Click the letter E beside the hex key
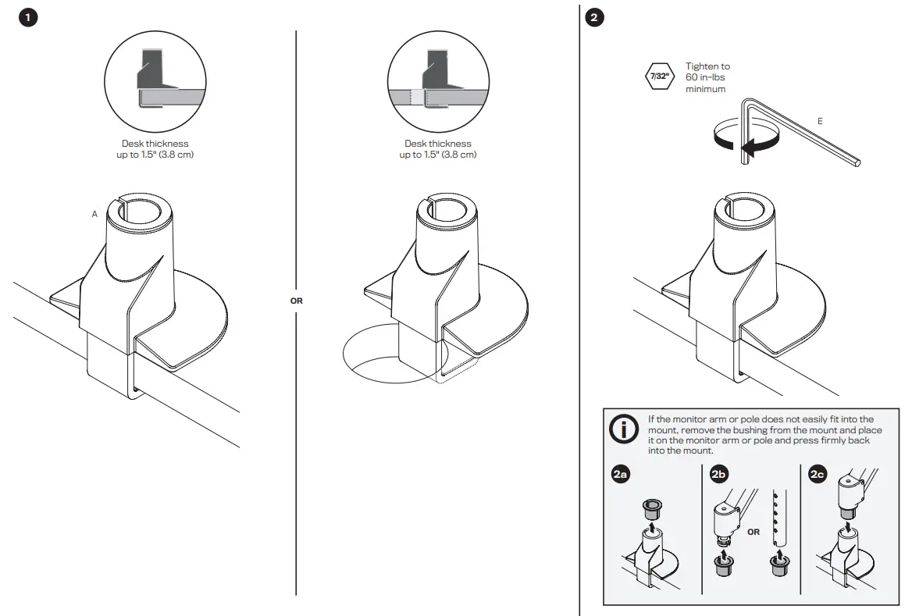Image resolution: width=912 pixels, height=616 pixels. pos(819,121)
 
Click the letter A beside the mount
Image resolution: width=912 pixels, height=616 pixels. pos(94,214)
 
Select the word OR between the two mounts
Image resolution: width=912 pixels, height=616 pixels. pos(296,300)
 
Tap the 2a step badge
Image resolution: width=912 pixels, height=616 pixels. pos(621,474)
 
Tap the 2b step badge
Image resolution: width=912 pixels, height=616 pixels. pos(718,474)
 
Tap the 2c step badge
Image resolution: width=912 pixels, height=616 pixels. pos(818,474)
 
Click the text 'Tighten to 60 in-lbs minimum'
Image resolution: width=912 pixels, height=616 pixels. pos(707,78)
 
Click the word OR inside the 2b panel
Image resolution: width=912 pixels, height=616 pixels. pos(753,532)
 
